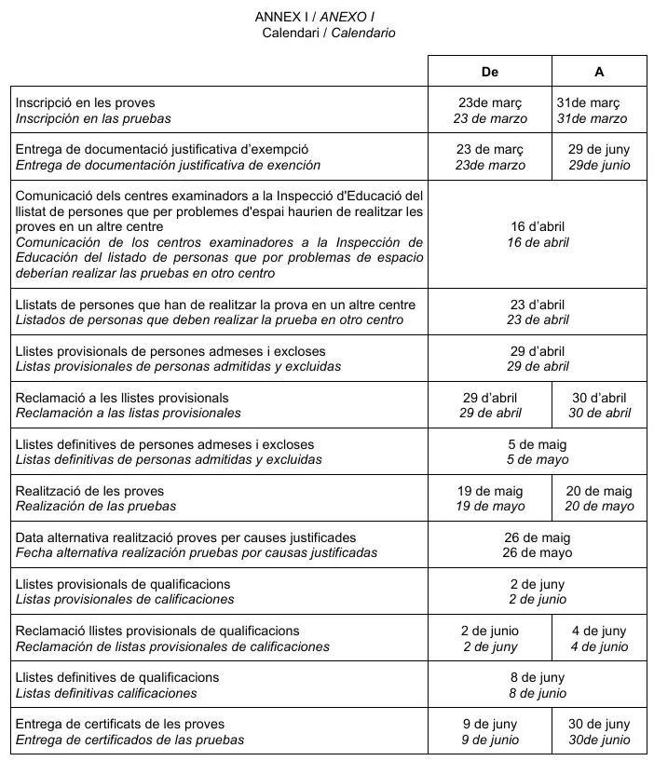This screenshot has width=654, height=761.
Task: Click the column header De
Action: pyautogui.click(x=489, y=72)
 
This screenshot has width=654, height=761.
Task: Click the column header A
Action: pyautogui.click(x=599, y=72)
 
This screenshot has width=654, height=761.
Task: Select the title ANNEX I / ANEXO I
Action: pyautogui.click(x=315, y=17)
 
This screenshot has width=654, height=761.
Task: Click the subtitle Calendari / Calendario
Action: pyautogui.click(x=329, y=33)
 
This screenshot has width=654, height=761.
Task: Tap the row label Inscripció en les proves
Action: pyautogui.click(x=86, y=102)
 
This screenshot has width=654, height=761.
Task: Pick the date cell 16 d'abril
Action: pyautogui.click(x=538, y=234)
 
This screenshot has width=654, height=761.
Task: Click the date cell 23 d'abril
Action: pyautogui.click(x=538, y=312)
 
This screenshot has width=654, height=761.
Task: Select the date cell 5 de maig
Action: pyautogui.click(x=538, y=452)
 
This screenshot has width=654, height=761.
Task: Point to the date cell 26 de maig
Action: pyautogui.click(x=538, y=545)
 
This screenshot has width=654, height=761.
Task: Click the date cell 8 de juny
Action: pyautogui.click(x=538, y=685)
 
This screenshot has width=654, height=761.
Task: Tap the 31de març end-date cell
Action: pyautogui.click(x=599, y=110)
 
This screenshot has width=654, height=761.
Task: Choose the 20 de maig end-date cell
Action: pyautogui.click(x=599, y=498)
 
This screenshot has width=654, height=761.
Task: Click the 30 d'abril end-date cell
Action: pyautogui.click(x=599, y=405)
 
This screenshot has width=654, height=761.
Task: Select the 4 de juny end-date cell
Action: pyautogui.click(x=599, y=638)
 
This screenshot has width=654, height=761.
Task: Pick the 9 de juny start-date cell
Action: pyautogui.click(x=490, y=731)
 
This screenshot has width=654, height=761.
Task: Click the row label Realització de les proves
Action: pyautogui.click(x=90, y=491)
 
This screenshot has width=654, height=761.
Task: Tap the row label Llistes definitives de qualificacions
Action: pyautogui.click(x=117, y=677)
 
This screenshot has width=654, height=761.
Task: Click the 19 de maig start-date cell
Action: pyautogui.click(x=490, y=498)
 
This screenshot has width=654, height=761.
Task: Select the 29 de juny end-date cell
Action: pyautogui.click(x=599, y=156)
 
